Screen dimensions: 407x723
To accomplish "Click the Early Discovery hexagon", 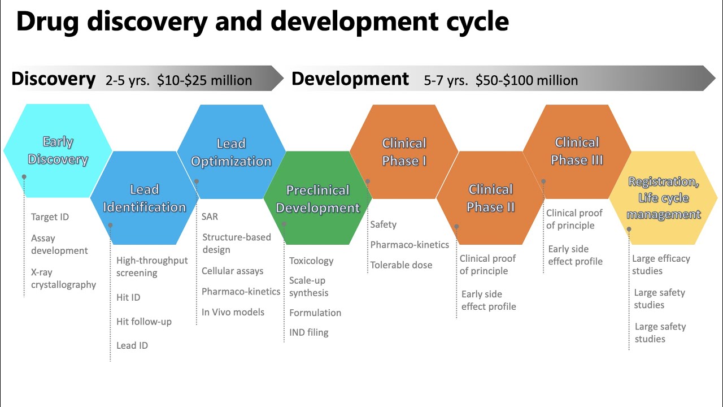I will coord(58,150).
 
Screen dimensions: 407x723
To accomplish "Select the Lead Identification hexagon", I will coord(145,198).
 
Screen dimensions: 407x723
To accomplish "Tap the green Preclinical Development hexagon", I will coord(317,198).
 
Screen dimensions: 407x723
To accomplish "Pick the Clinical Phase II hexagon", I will coord(491,198).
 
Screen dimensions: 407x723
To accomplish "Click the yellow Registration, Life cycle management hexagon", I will coord(663,198).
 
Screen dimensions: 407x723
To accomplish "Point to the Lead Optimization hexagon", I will coord(231,152).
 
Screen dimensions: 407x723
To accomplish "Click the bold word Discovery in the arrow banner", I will coord(54,79).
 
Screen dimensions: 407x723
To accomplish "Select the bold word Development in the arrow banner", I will coord(350,79).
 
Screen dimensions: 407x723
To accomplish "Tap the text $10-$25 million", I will coord(204,80).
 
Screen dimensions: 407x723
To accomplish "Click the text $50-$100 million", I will coord(526,80).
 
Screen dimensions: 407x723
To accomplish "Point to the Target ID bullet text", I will coord(50,217).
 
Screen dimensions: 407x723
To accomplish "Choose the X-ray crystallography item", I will coord(63,279).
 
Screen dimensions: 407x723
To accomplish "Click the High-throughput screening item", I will coord(152,267).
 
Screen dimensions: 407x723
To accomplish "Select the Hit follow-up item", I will coord(144,322).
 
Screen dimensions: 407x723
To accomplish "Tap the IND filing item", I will coord(309,332).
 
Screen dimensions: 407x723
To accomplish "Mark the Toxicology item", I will coord(311,261).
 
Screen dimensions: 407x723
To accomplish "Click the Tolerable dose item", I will coord(401,265).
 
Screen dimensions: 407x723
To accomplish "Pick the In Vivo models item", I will coord(233,312).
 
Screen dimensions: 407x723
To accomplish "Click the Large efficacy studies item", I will coord(661,265).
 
